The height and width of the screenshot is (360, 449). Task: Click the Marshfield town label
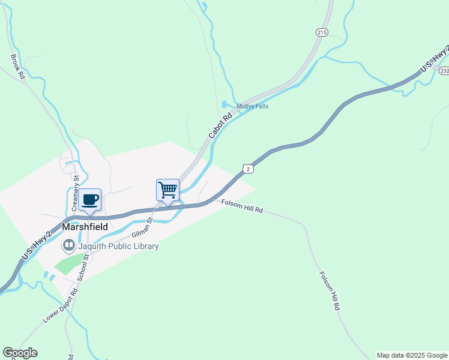click(x=85, y=227)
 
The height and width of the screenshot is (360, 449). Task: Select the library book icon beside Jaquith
click(x=69, y=245)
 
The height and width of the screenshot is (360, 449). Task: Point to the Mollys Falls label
click(x=252, y=106)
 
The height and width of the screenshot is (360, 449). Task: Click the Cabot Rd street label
click(x=220, y=126)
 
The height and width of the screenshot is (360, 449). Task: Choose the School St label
click(x=85, y=266)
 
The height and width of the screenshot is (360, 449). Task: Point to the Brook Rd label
click(x=17, y=67)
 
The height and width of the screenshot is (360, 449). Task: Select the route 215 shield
click(x=322, y=32)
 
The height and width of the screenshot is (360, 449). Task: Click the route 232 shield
click(x=444, y=70)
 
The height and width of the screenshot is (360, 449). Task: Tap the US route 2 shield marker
click(x=247, y=169)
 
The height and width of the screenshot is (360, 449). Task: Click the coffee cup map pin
click(x=90, y=200)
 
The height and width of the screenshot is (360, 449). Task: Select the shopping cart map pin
click(x=168, y=190)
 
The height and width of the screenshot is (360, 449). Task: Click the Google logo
click(x=20, y=353)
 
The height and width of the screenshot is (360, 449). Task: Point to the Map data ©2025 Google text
click(x=412, y=355)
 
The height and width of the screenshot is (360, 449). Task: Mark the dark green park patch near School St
click(x=70, y=264)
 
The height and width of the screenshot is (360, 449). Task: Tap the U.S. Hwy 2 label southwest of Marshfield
click(x=35, y=245)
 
